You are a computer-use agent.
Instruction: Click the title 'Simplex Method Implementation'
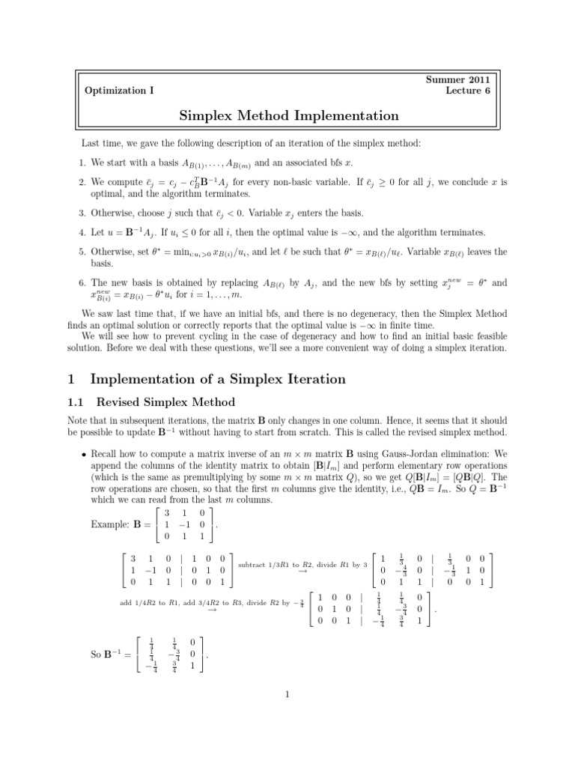pos(289,115)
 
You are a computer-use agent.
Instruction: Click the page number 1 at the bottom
pos(287,693)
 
